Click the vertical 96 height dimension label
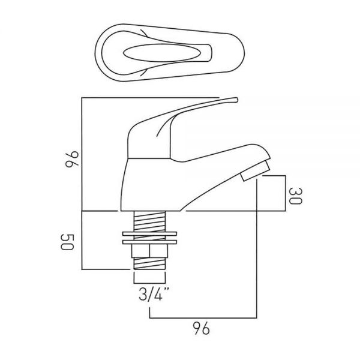click(72, 159)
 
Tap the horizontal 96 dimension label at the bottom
click(201, 328)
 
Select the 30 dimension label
click(295, 196)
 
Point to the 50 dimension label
click(67, 242)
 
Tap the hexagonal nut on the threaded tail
click(149, 251)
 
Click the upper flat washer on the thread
click(149, 234)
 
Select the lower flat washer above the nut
click(149, 242)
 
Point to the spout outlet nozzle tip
click(255, 171)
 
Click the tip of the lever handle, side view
click(236, 100)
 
